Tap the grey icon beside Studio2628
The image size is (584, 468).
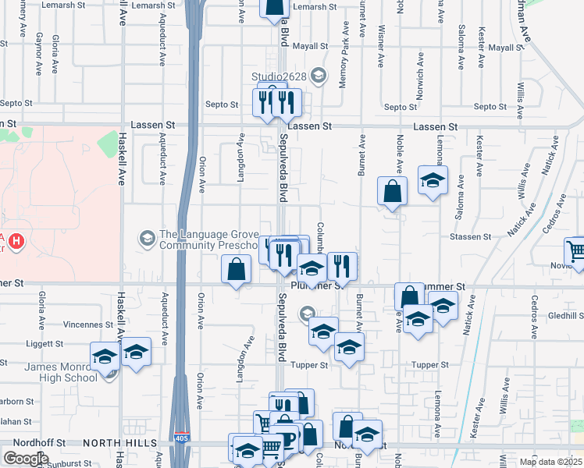[318, 76]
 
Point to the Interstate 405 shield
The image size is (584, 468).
[182, 436]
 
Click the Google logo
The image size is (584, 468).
[26, 459]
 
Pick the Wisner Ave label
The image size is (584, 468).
[381, 44]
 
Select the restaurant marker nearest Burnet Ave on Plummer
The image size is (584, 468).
[342, 265]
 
